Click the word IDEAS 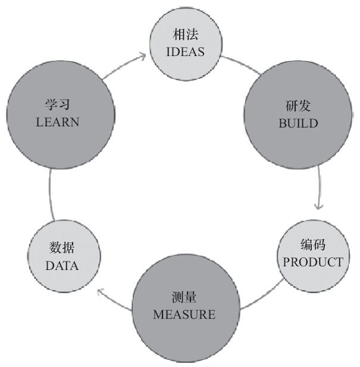pos(186,51)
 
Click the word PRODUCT pos(312,262)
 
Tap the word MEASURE pos(184,314)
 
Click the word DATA pos(62,266)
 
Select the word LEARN pos(58,122)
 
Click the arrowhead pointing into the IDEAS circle pos(142,56)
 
